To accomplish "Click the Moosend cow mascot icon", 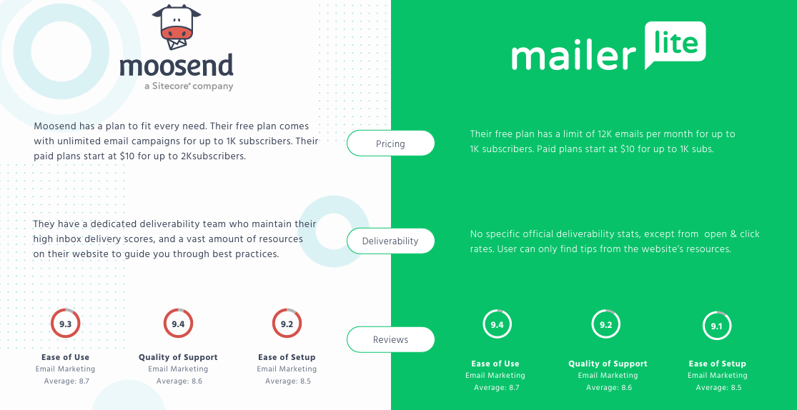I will (176, 26).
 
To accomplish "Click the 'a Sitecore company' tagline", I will (189, 86).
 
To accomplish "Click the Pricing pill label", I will (390, 144).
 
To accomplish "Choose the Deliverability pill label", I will (390, 241).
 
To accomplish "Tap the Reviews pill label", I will (390, 340).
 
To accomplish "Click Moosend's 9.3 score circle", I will (65, 324).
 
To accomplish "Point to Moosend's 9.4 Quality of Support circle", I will (178, 324).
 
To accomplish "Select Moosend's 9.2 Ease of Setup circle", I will (287, 324).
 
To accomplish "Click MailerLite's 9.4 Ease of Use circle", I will (496, 325).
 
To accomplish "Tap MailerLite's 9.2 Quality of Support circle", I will (606, 325).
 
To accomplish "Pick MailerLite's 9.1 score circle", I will (716, 326).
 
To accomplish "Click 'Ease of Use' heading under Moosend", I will (65, 357).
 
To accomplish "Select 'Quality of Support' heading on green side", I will (608, 364).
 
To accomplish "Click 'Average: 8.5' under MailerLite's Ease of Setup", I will (717, 388).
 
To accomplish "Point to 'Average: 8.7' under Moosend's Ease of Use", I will (65, 381).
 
